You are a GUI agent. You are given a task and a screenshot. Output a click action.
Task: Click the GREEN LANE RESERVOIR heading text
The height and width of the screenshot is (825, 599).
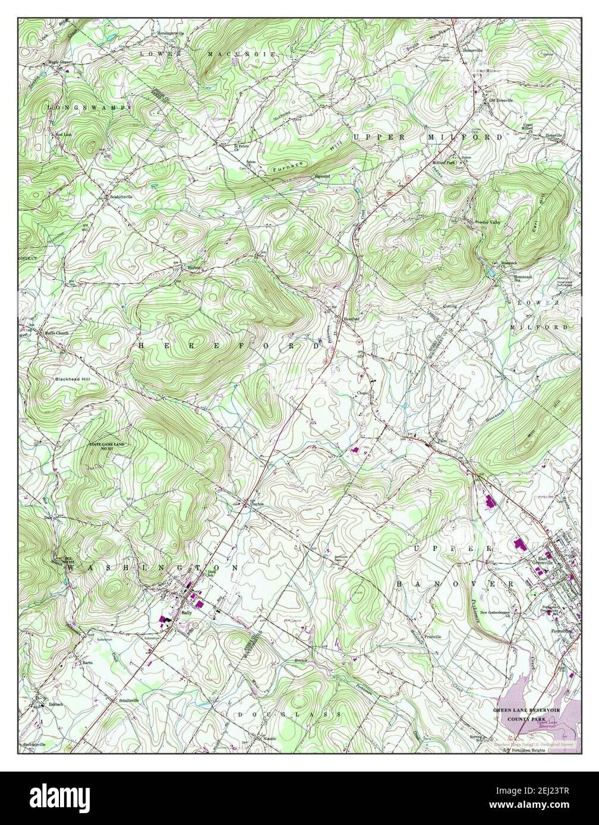[525, 710]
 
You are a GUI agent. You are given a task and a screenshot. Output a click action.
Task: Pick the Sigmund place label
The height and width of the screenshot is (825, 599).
[321, 176]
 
